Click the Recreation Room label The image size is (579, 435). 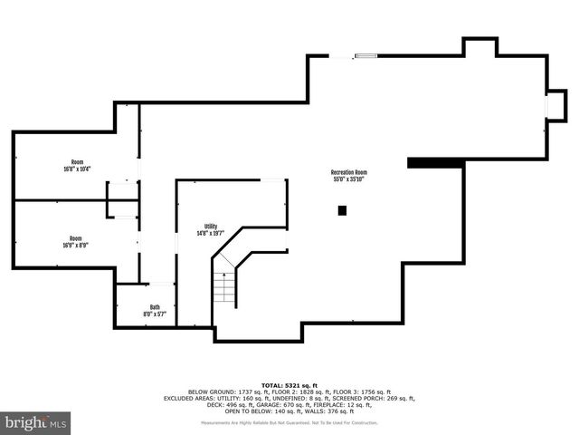[x=348, y=176]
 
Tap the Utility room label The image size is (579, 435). [x=211, y=230]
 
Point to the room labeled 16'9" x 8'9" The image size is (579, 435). [x=76, y=241]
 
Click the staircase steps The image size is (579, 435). [x=223, y=287]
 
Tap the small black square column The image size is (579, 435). [x=342, y=210]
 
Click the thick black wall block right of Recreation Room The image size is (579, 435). [x=434, y=163]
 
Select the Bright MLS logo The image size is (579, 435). [x=36, y=422]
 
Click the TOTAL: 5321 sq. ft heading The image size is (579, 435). [x=289, y=385]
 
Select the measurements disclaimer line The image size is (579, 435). [x=289, y=423]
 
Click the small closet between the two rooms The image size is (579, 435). [x=120, y=199]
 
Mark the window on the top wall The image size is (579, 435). [x=365, y=56]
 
